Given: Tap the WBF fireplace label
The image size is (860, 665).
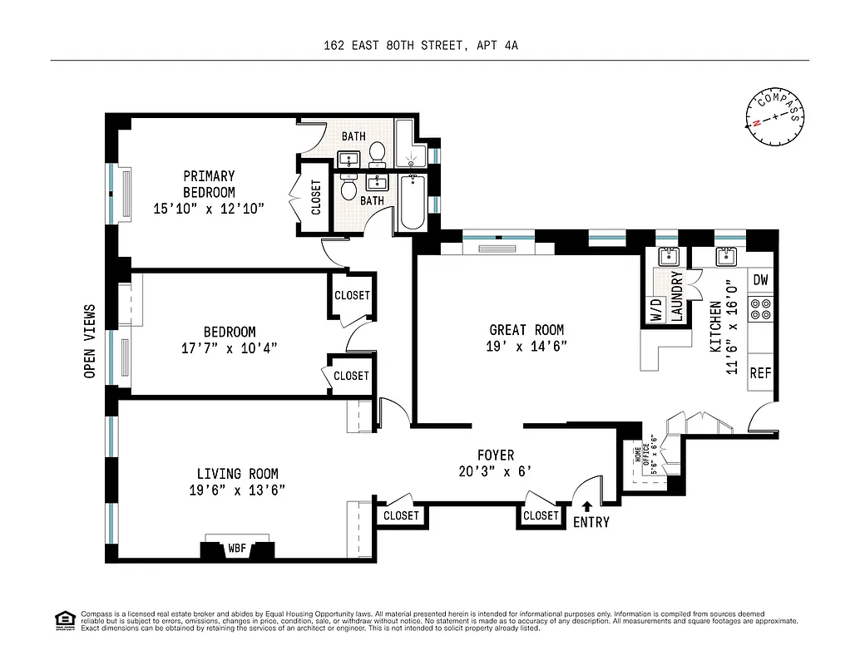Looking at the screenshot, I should [237, 549].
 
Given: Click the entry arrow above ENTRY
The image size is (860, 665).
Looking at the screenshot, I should [587, 505].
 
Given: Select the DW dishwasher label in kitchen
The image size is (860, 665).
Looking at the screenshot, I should [760, 280].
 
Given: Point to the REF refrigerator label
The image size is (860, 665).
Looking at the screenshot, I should [760, 373].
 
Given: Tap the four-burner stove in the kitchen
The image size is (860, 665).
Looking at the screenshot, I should [760, 310].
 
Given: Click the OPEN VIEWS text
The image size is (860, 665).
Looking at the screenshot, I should [90, 341].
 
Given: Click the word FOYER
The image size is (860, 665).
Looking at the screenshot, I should [495, 456].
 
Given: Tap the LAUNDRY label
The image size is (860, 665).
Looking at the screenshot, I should [677, 297].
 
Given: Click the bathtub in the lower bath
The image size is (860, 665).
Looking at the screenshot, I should [411, 202].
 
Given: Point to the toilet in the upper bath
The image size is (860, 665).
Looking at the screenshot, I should [377, 151].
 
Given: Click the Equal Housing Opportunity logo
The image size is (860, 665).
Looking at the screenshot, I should [63, 619].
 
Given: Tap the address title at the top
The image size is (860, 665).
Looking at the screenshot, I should [421, 47].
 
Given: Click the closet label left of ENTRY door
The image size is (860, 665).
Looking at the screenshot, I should [541, 515].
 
